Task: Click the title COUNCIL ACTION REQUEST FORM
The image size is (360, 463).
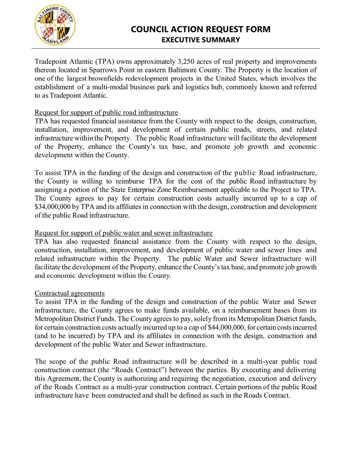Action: tap(200, 29)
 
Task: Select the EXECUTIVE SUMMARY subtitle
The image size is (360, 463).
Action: tap(200, 40)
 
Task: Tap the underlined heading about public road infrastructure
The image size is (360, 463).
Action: tap(106, 112)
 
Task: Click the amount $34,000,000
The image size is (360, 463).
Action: tap(52, 206)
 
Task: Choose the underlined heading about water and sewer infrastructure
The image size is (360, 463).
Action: tap(123, 233)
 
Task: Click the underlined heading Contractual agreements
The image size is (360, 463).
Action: tap(69, 293)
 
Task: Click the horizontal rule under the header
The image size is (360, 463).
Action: tap(177, 49)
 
